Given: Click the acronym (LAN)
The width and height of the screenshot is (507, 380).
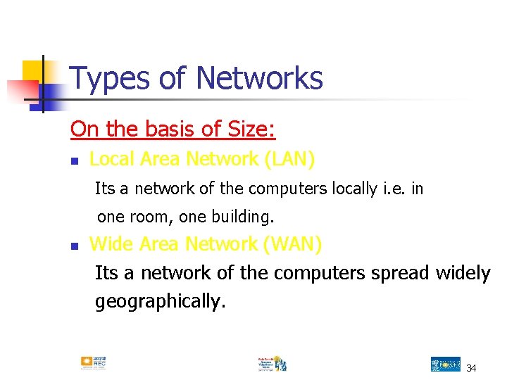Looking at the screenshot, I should pyautogui.click(x=289, y=160).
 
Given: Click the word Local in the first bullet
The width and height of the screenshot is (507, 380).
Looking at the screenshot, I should pyautogui.click(x=112, y=160).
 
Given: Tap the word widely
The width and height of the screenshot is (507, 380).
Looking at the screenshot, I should pyautogui.click(x=463, y=272).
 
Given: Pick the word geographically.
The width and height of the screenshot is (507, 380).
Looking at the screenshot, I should pyautogui.click(x=161, y=302).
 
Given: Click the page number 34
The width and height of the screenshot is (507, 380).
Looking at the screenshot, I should pyautogui.click(x=471, y=367).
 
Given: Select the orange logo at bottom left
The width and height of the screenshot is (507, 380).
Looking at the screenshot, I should pyautogui.click(x=93, y=363).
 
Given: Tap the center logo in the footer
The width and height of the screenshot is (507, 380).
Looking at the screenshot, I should pyautogui.click(x=272, y=363).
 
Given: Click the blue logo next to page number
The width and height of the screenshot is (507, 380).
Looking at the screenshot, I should pyautogui.click(x=445, y=364).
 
